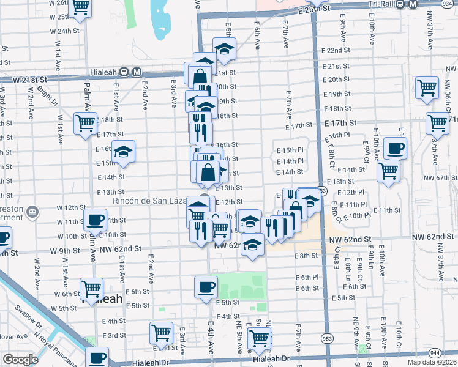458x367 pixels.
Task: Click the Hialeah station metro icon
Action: coord(136,71)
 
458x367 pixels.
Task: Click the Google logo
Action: coord(20,360)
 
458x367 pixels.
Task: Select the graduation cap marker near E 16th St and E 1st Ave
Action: coord(123,153)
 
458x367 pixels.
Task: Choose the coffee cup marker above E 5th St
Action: coord(206,286)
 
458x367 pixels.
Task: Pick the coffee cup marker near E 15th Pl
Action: coord(395,147)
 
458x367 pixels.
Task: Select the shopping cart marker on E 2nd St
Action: coord(161,333)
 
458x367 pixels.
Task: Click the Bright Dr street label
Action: coord(46,97)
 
